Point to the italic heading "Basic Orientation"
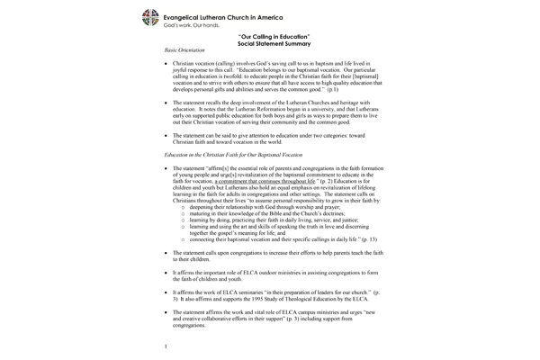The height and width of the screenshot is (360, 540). [184, 55]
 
